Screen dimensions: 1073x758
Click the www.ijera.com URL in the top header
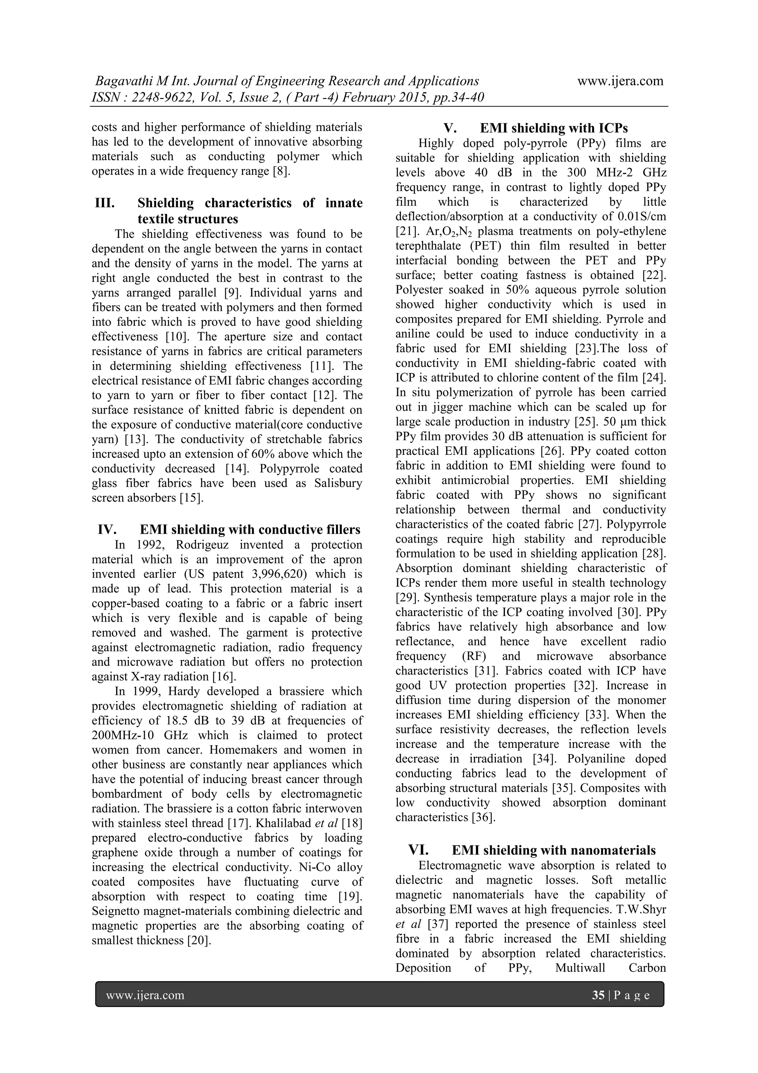click(620, 81)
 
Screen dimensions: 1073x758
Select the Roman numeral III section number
click(105, 203)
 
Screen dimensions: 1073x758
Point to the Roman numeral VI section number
click(419, 850)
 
